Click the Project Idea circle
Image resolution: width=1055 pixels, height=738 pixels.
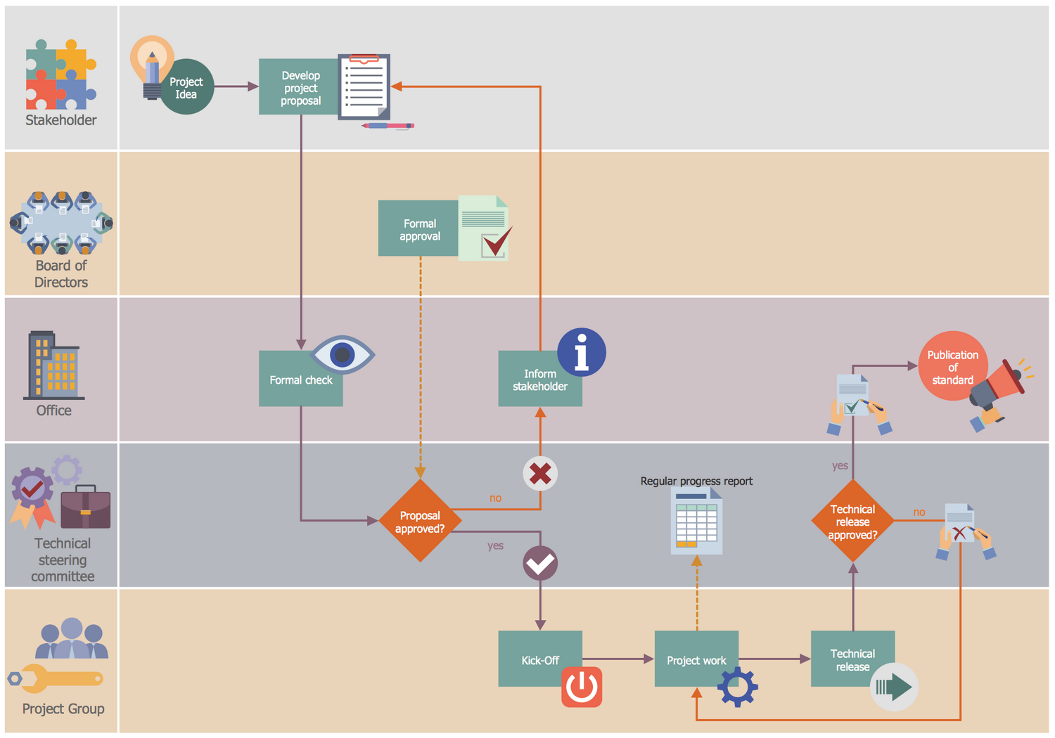click(x=186, y=87)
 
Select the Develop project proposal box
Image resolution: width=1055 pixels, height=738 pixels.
click(x=300, y=87)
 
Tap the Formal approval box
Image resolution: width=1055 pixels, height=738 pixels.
click(x=419, y=228)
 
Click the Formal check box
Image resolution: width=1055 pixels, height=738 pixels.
click(x=300, y=380)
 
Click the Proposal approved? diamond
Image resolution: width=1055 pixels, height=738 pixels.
click(x=420, y=521)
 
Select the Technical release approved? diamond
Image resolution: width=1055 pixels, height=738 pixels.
click(x=852, y=521)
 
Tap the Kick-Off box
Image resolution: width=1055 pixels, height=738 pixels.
click(x=539, y=659)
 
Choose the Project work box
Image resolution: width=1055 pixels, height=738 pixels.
click(x=696, y=659)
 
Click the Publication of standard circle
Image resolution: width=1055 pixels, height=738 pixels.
click(x=952, y=366)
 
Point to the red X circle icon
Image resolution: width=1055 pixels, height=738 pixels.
click(x=540, y=474)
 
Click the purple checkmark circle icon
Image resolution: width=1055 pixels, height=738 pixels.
click(x=540, y=564)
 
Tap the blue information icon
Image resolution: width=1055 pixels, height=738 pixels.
click(x=581, y=352)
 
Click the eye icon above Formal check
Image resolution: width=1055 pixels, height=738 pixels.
click(x=343, y=354)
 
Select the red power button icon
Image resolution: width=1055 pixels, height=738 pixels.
click(x=582, y=687)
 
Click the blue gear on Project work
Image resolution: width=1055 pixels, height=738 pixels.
click(x=738, y=687)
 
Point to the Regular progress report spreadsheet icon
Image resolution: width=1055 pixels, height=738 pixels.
click(x=696, y=522)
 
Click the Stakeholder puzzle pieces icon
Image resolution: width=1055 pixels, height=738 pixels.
click(x=60, y=75)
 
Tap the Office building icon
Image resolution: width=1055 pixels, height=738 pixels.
click(x=54, y=365)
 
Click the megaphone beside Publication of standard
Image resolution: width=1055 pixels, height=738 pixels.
click(x=999, y=389)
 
